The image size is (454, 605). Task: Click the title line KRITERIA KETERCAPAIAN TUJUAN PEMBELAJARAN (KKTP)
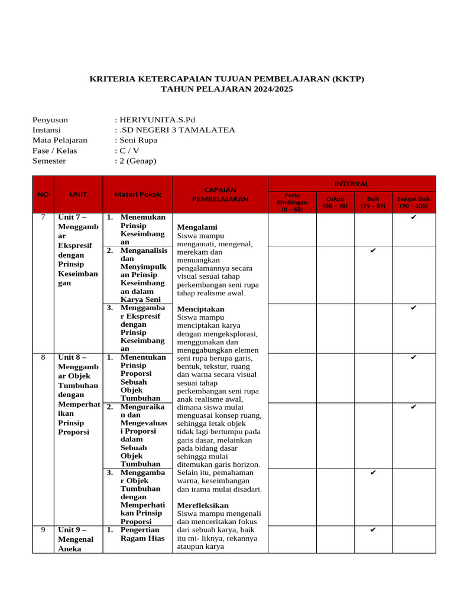point(226,79)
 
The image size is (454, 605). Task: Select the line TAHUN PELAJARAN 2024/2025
point(226,89)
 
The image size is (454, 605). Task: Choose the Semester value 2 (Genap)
point(137,160)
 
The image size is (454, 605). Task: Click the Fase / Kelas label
point(54,150)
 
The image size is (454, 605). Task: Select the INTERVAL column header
point(352,184)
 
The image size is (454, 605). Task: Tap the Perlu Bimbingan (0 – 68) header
point(292,202)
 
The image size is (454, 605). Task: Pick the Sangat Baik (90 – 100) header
point(413,202)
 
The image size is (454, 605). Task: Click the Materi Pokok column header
point(138,194)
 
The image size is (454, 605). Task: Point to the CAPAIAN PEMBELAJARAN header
point(220,194)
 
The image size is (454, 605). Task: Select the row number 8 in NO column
point(43,357)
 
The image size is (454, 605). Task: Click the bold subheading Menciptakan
point(201,309)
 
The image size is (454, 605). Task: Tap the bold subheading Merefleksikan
point(203,505)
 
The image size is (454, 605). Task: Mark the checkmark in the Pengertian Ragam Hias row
point(372,530)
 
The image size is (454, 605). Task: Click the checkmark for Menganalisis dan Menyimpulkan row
point(372,251)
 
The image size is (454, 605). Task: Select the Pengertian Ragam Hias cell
point(142,534)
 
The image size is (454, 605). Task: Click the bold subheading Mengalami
point(197,227)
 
